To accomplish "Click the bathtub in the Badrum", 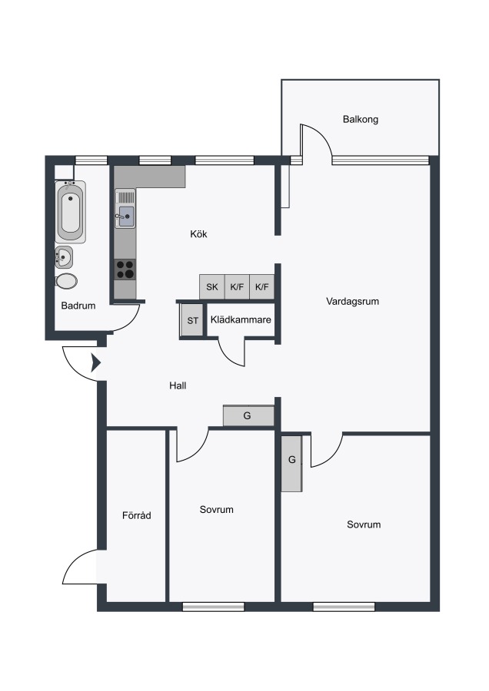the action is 70,211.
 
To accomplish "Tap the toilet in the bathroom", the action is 66,281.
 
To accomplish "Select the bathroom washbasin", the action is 64,256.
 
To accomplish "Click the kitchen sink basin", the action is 126,217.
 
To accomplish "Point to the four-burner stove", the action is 125,269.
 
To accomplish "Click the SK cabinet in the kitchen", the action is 212,287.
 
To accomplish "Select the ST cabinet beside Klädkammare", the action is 192,320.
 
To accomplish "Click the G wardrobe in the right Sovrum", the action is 291,463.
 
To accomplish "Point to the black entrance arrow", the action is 96,363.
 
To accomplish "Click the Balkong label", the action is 361,120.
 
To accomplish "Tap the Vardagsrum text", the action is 353,302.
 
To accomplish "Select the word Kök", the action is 198,234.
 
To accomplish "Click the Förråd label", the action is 137,515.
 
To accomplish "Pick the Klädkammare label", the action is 241,320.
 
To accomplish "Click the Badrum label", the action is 78,306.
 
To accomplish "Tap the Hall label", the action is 178,385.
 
